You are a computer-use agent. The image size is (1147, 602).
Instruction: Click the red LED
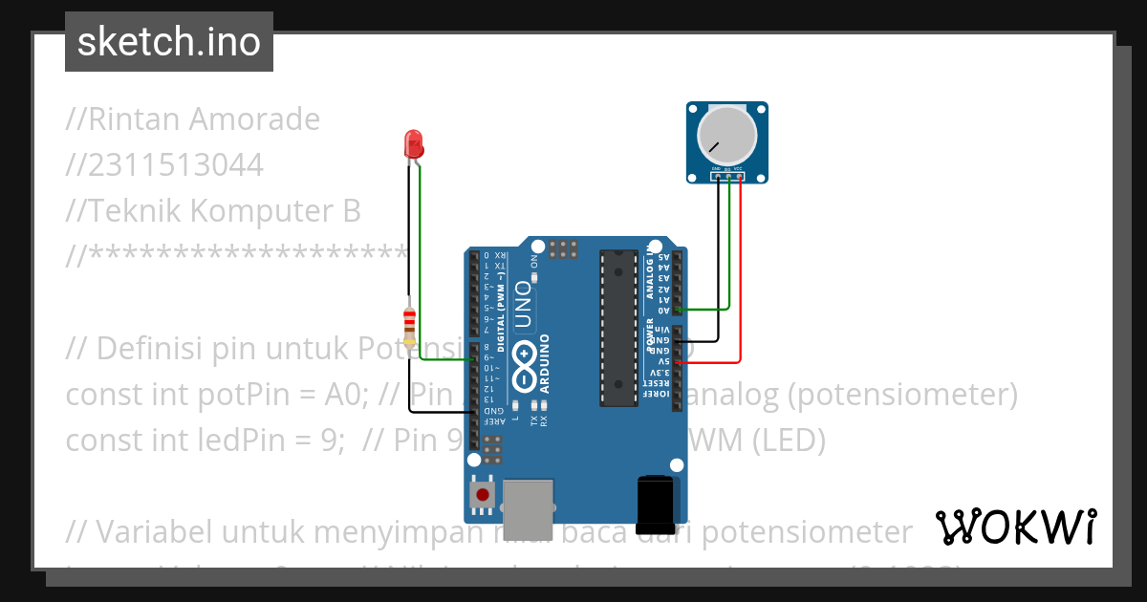coord(414,144)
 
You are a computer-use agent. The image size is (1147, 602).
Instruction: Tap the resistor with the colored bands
coord(409,325)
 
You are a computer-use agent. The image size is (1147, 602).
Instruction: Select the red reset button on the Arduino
coord(483,495)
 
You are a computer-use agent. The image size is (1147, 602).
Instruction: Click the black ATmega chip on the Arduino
coord(618,327)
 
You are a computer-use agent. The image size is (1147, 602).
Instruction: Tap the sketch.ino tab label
coord(169,42)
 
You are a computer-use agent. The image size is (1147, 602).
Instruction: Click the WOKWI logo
coord(1015,527)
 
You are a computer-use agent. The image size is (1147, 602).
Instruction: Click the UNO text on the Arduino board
coord(523,305)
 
